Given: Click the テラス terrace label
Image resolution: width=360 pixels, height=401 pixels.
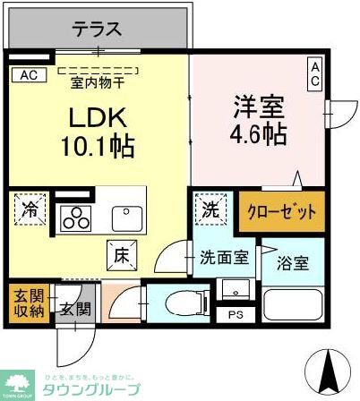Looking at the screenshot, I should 97,29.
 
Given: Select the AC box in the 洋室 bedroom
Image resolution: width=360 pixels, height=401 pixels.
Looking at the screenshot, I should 315,73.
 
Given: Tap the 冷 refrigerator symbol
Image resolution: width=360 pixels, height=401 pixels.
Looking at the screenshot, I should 30,212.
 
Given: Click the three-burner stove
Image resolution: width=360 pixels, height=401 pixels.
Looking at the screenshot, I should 74,218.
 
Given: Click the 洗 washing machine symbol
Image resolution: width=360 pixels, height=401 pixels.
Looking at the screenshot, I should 209,212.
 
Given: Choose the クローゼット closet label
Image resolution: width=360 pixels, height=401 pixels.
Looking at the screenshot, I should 281,213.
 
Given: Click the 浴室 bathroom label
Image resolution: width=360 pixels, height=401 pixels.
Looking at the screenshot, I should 292,264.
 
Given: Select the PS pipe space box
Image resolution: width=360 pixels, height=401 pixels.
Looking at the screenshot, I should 236,314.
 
